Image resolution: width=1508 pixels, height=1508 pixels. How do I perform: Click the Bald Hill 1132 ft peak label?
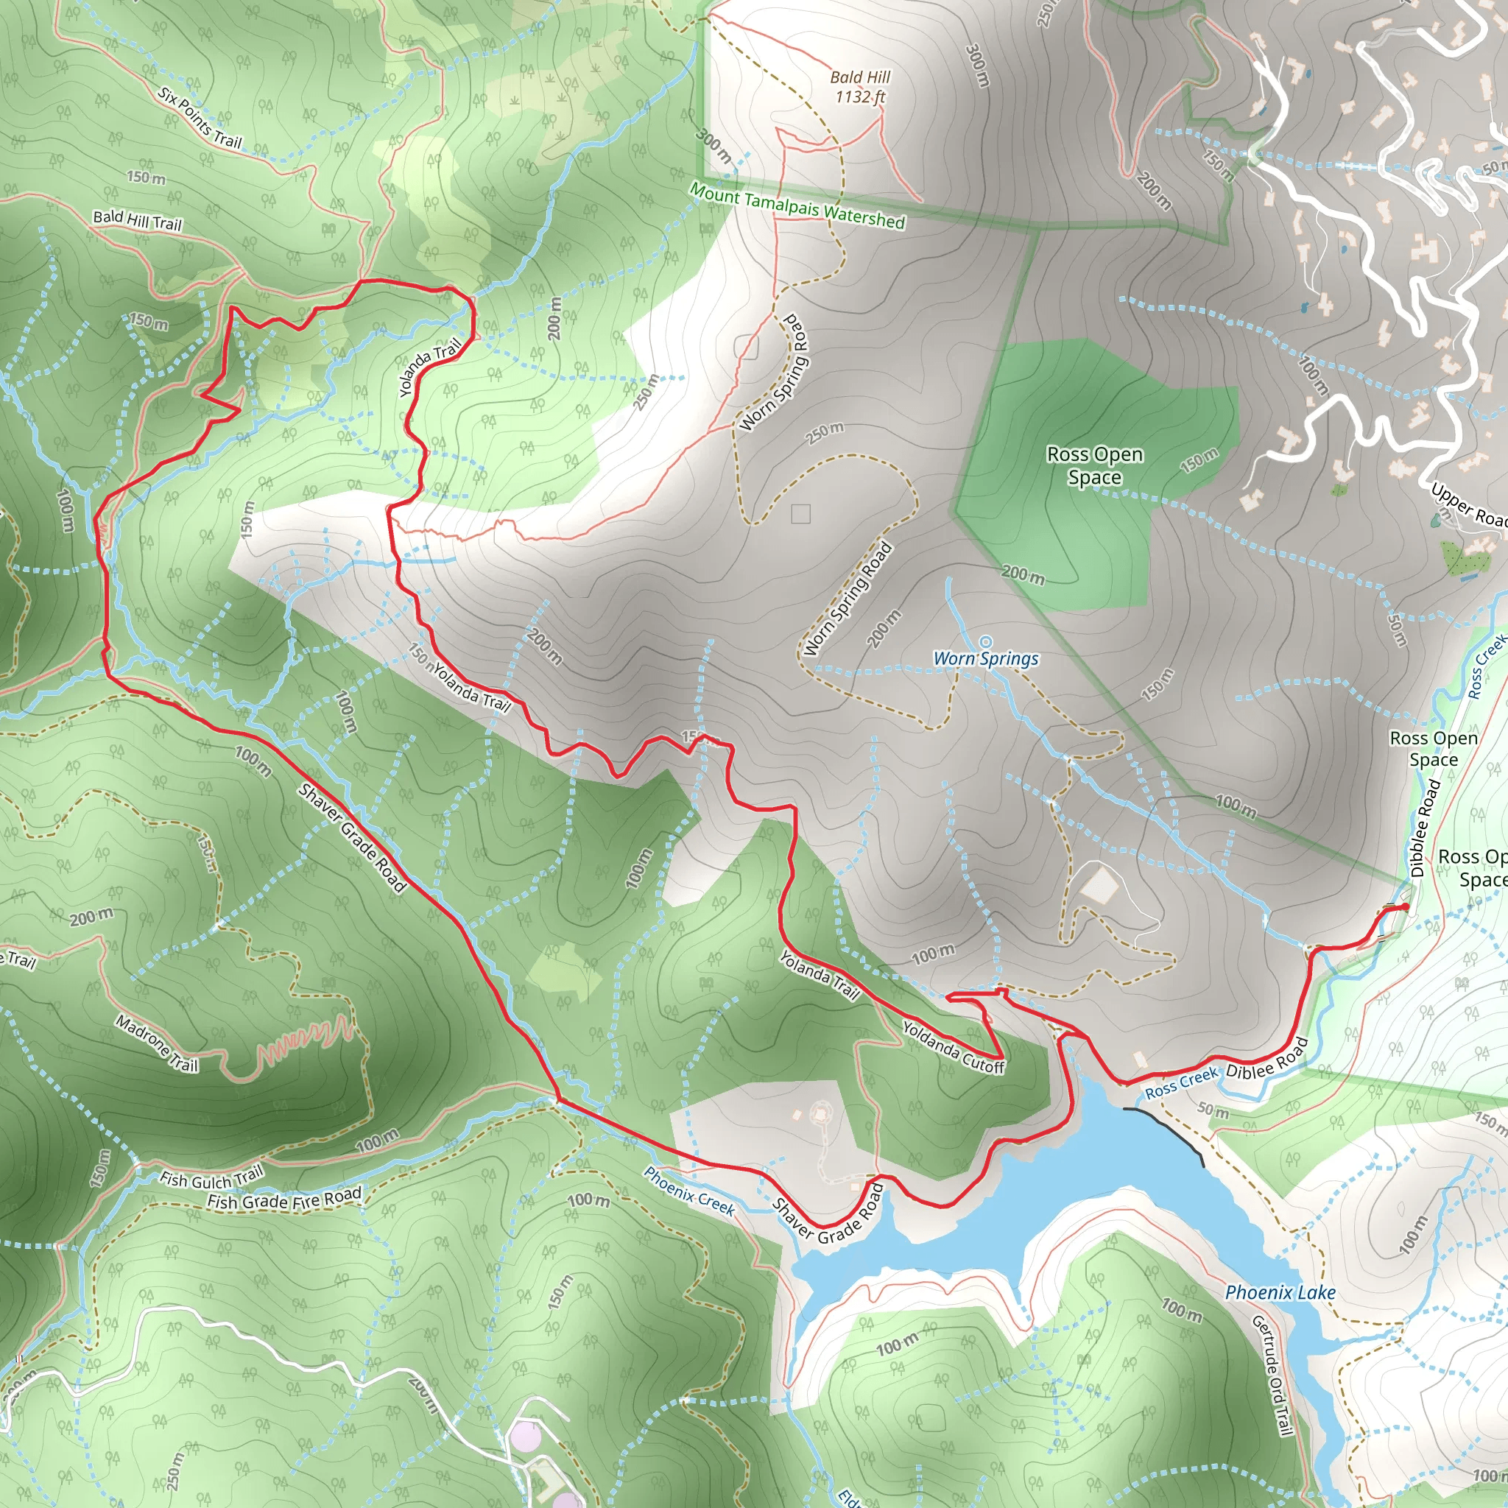[859, 87]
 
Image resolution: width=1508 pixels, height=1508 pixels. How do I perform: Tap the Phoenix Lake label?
[1280, 1292]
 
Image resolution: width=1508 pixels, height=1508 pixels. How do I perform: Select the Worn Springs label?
[986, 658]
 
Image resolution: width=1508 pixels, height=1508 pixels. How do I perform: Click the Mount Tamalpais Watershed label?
[797, 205]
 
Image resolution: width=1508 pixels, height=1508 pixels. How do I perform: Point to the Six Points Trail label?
[200, 118]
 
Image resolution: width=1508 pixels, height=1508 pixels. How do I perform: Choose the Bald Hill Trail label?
[138, 220]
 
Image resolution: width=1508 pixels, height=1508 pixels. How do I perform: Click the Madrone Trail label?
[157, 1043]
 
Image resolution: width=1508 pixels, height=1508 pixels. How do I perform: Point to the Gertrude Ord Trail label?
[1273, 1375]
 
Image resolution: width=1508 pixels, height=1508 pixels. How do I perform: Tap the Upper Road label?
[1468, 507]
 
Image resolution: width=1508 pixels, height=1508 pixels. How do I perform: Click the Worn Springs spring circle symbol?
[986, 641]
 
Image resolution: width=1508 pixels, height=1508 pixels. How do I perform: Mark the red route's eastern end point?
[1405, 906]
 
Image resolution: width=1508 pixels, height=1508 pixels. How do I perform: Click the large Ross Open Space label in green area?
[1094, 465]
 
